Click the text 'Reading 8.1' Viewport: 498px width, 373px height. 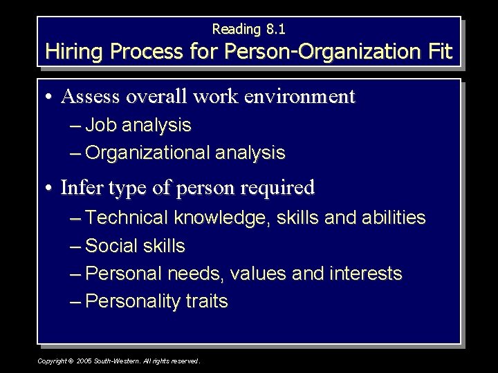click(248, 29)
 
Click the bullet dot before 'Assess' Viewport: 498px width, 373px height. click(52, 97)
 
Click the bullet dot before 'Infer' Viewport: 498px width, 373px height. click(52, 187)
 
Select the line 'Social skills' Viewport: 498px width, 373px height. click(136, 246)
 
